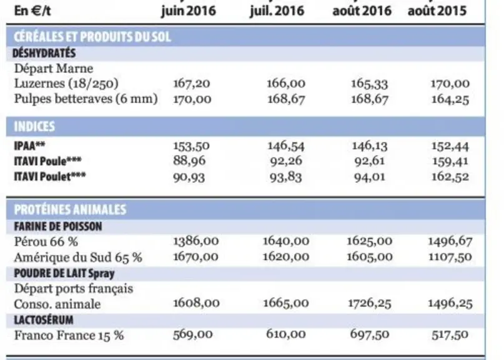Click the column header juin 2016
189,11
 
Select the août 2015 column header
437,11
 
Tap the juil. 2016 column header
277,11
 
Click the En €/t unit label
32,11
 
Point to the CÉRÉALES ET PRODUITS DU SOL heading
92,37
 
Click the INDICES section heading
34,126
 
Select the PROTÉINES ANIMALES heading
70,209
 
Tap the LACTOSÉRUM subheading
44,320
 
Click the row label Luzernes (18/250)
66,83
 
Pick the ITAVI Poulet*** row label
50,177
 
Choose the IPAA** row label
29,146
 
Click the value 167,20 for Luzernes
192,84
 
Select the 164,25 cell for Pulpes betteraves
450,99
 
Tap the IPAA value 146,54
286,146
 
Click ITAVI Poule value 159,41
450,161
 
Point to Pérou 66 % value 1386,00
196,241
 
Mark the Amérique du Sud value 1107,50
450,257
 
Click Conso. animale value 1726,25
370,303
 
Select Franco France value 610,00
286,334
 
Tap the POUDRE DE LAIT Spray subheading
64,274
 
